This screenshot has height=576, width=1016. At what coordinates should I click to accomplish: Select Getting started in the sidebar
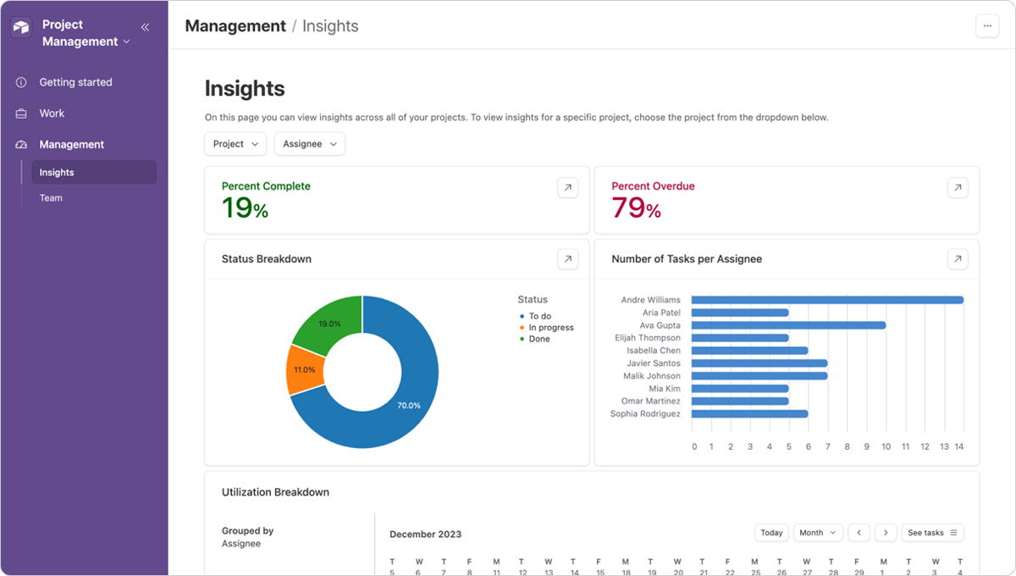point(75,82)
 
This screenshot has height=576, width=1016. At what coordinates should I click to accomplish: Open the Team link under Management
point(51,198)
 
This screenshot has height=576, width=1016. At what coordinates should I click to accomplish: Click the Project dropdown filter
point(235,144)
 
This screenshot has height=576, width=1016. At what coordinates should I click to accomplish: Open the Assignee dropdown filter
point(309,144)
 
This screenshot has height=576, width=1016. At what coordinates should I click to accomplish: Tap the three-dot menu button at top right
point(987,26)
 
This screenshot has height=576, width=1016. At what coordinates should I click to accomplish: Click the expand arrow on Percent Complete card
point(567,188)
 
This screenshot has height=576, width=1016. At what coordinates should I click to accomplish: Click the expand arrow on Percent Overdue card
point(957,188)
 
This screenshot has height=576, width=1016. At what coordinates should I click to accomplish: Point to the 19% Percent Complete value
point(245,208)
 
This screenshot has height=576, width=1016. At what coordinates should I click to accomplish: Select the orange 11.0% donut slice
point(303,371)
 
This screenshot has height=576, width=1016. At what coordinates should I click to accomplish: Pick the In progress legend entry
point(550,328)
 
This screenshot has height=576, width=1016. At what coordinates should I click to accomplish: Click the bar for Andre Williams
point(826,300)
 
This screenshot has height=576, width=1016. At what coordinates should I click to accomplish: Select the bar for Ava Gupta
point(787,325)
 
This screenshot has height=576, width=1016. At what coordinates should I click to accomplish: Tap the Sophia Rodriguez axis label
point(644,414)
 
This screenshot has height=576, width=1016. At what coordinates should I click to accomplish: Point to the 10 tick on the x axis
point(886,446)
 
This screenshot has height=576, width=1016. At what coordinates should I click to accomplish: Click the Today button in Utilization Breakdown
point(771,533)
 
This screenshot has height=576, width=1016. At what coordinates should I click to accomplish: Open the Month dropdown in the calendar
point(817,533)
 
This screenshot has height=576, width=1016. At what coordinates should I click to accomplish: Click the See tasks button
point(932,533)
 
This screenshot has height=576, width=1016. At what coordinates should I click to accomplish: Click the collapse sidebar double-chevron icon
point(145,27)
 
